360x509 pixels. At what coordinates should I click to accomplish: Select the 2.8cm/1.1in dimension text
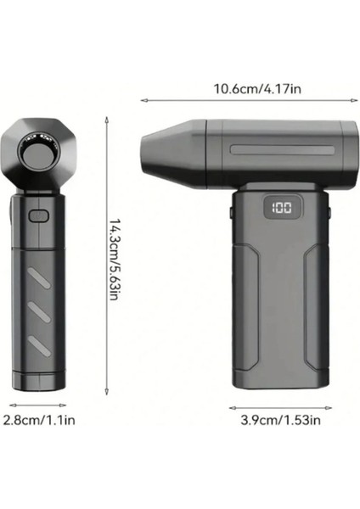pyautogui.click(x=37, y=418)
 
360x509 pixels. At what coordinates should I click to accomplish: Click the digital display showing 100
pyautogui.click(x=283, y=206)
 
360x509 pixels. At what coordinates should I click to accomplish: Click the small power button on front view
pyautogui.click(x=37, y=215)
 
